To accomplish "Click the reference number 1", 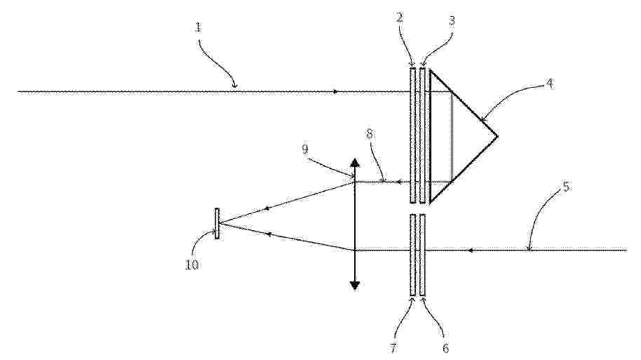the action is click(x=198, y=28).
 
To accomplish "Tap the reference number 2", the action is click(x=400, y=18).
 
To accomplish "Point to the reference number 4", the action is click(x=550, y=85).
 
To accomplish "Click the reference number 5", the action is click(x=566, y=187).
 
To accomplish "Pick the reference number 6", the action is click(x=445, y=348).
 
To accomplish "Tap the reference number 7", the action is click(x=393, y=349).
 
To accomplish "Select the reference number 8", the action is click(x=369, y=135).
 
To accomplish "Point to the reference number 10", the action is click(x=191, y=265).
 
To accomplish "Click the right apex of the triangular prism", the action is click(x=497, y=135).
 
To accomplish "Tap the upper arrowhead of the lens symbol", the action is click(x=355, y=162).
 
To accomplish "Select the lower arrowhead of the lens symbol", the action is click(x=355, y=286).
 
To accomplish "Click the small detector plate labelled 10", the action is click(x=217, y=223).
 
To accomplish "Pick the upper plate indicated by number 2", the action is click(x=413, y=135).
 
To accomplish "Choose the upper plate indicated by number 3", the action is click(x=423, y=135).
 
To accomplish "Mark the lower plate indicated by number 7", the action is click(x=413, y=255).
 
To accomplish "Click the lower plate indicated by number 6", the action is click(x=423, y=255).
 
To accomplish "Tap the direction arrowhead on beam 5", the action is click(x=471, y=250).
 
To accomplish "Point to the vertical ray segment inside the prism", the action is click(x=451, y=137).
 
